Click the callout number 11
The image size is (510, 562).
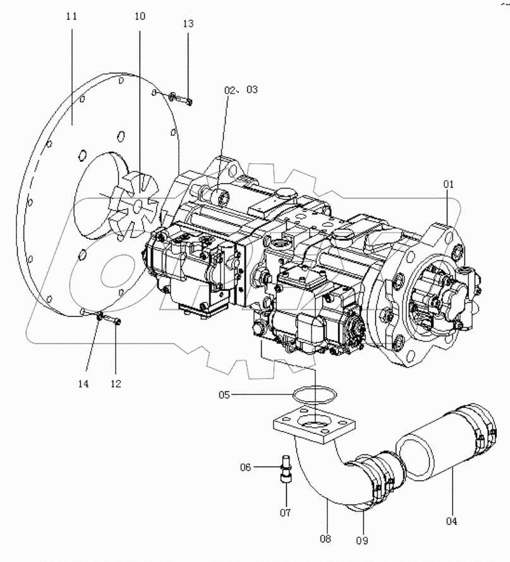(71, 16)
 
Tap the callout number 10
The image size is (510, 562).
(139, 16)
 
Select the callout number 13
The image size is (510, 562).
(188, 24)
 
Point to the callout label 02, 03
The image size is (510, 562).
(241, 90)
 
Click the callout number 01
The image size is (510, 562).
(448, 185)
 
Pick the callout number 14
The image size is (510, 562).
(84, 384)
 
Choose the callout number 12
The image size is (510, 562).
(116, 384)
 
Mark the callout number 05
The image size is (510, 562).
(224, 395)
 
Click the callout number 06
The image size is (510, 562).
(246, 467)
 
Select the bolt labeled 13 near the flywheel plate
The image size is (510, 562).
(181, 99)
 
